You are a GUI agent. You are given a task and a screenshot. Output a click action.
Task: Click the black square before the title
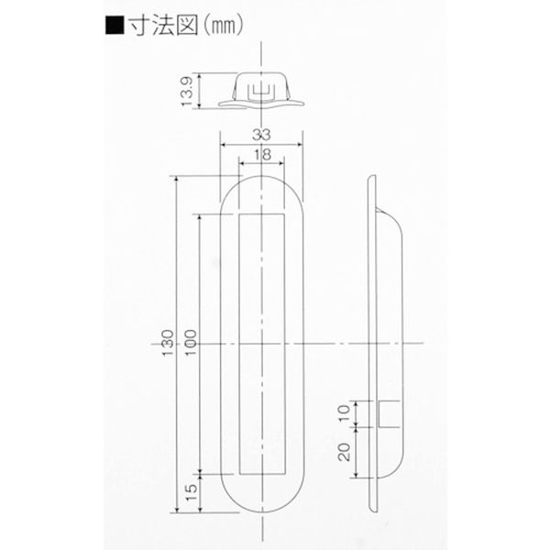point(115,26)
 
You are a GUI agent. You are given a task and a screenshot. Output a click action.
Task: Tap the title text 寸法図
point(164,26)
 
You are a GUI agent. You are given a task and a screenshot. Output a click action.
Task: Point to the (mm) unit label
point(223,27)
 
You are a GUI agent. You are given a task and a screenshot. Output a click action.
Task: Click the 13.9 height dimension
point(187,91)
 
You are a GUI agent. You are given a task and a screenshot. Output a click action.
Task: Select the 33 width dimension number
point(261,135)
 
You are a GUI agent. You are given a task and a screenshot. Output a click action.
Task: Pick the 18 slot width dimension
point(262,154)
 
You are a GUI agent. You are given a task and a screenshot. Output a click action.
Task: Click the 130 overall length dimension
point(168,343)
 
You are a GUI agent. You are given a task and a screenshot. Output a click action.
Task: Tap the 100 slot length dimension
point(191,343)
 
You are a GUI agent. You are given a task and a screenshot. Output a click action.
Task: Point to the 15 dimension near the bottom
point(192,492)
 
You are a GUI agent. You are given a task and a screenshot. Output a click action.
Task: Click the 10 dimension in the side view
point(345,413)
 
